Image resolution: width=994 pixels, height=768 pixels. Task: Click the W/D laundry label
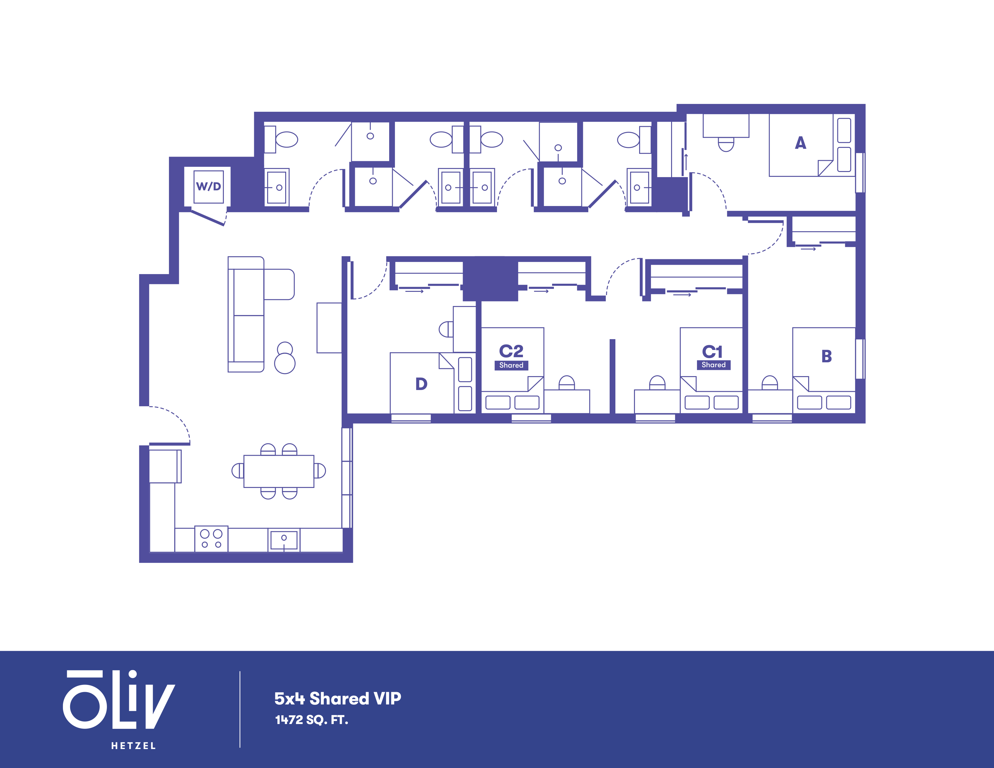point(208,186)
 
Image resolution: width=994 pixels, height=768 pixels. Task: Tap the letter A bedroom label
point(801,143)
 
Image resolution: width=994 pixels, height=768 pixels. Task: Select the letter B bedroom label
point(827,356)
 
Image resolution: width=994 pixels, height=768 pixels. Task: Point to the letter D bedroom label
point(421,384)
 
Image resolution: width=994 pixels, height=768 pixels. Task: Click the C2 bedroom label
point(511,351)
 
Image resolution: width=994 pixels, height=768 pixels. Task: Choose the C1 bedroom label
point(712,352)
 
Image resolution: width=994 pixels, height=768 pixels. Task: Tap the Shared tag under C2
point(511,365)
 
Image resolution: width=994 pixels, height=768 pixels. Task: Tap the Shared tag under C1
point(713,365)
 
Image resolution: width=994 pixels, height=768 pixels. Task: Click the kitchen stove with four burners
point(211,539)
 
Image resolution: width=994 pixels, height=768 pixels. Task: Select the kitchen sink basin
point(284,540)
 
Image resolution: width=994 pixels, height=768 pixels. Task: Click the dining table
point(279,471)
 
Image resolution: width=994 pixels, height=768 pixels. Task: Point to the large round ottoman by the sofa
point(285,364)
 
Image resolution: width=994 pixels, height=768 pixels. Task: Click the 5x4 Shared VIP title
point(338,698)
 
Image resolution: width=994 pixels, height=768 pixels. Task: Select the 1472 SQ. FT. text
point(311,720)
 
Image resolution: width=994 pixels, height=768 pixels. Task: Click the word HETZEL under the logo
point(133,746)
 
